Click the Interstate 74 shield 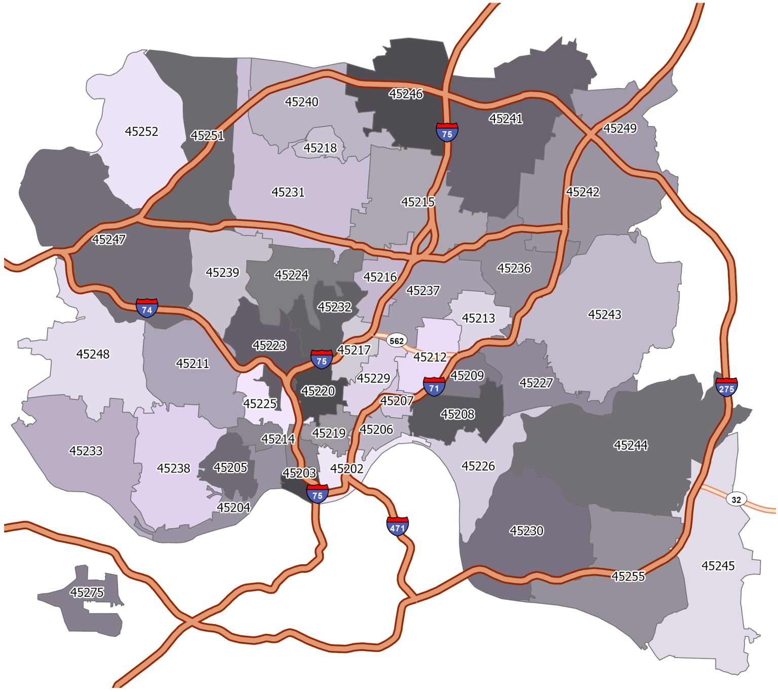point(147,308)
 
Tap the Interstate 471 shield point(397,526)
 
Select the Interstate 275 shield point(726,387)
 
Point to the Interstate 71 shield point(434,387)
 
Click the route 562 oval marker point(397,341)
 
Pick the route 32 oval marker point(736,499)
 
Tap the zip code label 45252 point(142,132)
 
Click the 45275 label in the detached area point(87,593)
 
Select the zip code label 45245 point(718,566)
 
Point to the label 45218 point(320,148)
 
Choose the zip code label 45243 point(604,315)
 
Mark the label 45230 point(527,531)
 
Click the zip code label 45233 point(86,451)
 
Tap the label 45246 point(406,94)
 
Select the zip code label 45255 point(628,576)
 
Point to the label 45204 point(234,507)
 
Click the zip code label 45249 point(620,129)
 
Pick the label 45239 point(222,273)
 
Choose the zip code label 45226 point(478,466)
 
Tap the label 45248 point(93,354)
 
